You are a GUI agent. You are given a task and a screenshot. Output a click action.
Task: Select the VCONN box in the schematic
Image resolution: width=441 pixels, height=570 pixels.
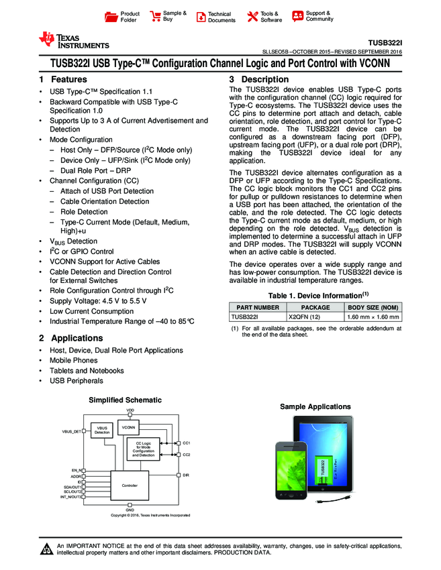pyautogui.click(x=129, y=427)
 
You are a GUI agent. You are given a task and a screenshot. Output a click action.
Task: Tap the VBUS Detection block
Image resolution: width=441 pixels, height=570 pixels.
pyautogui.click(x=102, y=430)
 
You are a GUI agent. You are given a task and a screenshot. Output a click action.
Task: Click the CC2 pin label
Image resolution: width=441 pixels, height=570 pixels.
pyautogui.click(x=187, y=455)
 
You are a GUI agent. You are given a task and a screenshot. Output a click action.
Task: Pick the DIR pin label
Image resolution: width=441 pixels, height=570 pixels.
pyautogui.click(x=186, y=475)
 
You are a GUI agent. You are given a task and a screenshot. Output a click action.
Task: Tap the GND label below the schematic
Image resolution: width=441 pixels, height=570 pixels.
pyautogui.click(x=130, y=510)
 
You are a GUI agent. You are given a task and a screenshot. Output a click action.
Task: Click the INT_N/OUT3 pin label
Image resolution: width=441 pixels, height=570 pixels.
pyautogui.click(x=70, y=497)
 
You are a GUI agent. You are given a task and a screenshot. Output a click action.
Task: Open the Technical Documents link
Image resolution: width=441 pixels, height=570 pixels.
pyautogui.click(x=215, y=17)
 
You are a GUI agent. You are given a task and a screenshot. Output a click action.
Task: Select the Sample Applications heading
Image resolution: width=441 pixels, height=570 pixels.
pyautogui.click(x=315, y=407)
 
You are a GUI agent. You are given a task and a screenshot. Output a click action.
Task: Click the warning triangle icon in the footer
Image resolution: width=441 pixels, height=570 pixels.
pyautogui.click(x=47, y=550)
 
